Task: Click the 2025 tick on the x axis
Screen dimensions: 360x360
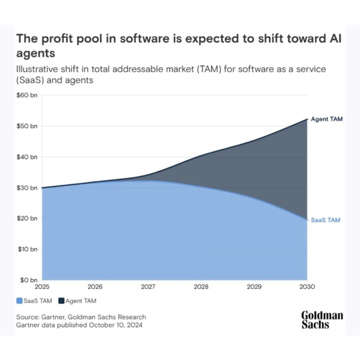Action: [x=42, y=287]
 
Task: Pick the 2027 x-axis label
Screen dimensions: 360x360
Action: [x=148, y=287]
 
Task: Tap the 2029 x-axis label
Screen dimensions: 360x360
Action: [x=254, y=287]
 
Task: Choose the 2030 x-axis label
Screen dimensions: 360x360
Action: [x=307, y=287]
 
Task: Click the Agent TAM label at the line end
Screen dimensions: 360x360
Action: [x=327, y=119]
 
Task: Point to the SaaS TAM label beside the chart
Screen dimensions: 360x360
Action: [x=326, y=220]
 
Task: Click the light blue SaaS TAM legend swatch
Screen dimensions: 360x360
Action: [x=19, y=301]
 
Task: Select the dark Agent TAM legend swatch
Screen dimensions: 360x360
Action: [x=62, y=301]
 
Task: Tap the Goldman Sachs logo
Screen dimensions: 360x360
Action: [x=322, y=320]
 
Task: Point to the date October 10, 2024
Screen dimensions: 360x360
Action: [x=116, y=325]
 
